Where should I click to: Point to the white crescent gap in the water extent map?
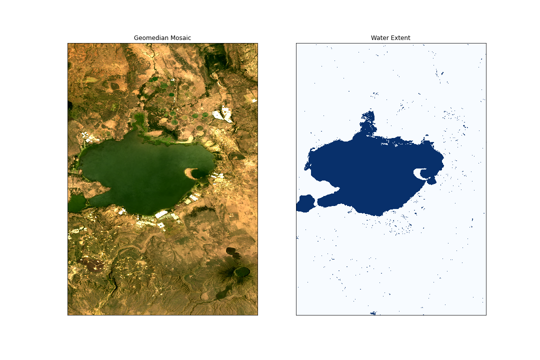(x=419, y=173)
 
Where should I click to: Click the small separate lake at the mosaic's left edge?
(x=76, y=203)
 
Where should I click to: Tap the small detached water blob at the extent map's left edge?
(x=305, y=203)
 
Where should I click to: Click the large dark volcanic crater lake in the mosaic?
(x=242, y=271)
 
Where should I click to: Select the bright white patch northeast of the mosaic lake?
(x=223, y=114)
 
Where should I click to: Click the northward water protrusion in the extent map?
(x=368, y=122)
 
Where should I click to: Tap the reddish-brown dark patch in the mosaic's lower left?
(x=93, y=263)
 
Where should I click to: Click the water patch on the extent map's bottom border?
(x=373, y=313)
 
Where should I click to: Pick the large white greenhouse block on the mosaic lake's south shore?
(x=161, y=214)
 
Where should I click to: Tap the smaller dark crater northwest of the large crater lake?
(x=231, y=250)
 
